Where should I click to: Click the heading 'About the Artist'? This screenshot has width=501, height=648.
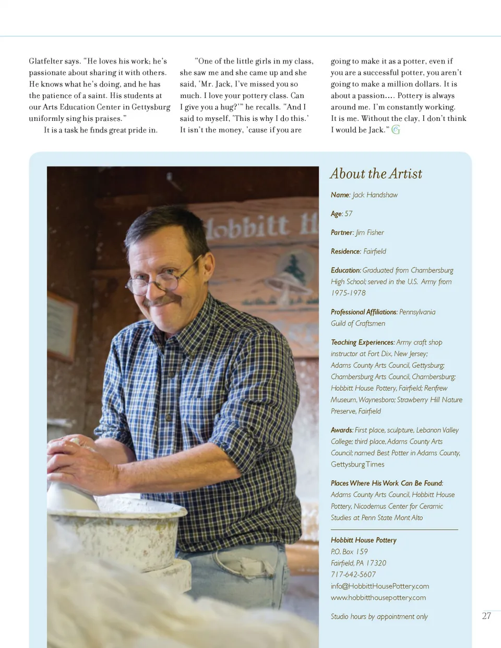[x=376, y=174]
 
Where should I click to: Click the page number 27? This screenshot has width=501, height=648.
[x=486, y=616]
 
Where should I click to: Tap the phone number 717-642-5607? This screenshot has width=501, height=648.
[x=353, y=574]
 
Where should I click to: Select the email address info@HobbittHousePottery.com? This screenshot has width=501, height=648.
[x=379, y=586]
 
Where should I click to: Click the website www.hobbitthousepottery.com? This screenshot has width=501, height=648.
[x=378, y=597]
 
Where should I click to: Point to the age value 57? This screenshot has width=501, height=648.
[x=349, y=214]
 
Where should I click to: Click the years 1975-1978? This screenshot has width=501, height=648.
[x=348, y=293]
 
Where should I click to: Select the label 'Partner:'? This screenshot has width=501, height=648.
[x=342, y=233]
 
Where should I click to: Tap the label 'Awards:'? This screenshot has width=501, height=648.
[x=342, y=430]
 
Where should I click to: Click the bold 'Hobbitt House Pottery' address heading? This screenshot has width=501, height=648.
[x=363, y=540]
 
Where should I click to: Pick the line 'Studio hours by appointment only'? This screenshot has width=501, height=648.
[x=379, y=616]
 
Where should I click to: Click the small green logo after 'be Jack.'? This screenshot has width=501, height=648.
[x=396, y=130]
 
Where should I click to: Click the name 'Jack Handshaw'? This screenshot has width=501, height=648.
[x=375, y=195]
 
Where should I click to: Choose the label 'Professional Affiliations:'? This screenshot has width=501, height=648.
[x=364, y=312]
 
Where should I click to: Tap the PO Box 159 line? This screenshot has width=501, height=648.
[x=349, y=552]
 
